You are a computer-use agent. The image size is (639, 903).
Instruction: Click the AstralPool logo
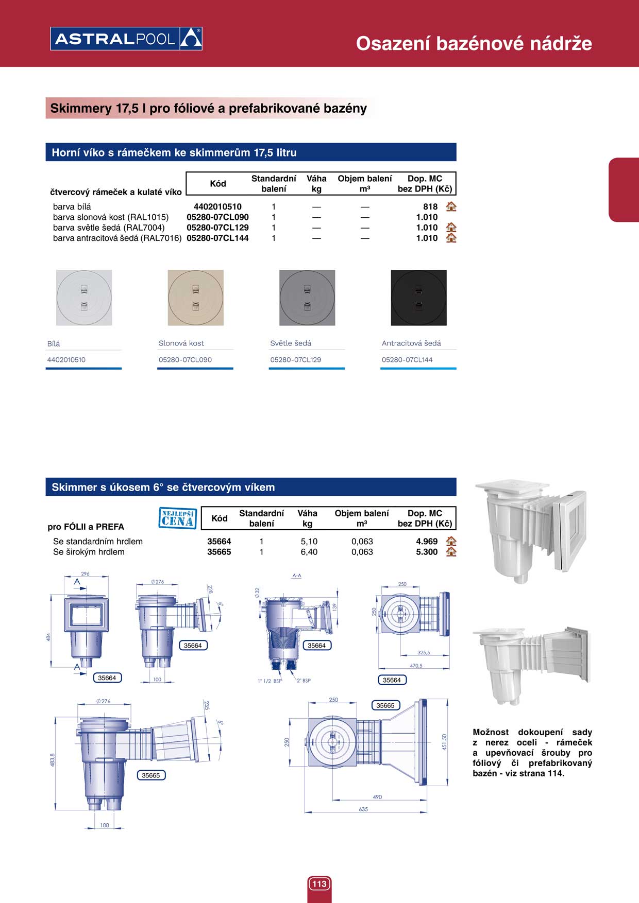[126, 39]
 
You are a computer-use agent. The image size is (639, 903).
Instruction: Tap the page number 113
[320, 884]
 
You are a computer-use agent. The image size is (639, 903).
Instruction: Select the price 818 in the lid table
[430, 207]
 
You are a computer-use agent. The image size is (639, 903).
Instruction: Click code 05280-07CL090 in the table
[217, 217]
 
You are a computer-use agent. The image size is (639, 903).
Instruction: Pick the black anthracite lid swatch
[418, 298]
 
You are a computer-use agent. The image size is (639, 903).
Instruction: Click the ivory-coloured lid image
[196, 298]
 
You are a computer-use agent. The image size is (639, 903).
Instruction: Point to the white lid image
[84, 298]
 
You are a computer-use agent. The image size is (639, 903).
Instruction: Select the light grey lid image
[307, 298]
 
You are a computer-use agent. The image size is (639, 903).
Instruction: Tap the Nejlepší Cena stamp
[178, 518]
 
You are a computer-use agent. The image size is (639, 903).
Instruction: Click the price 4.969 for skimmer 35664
[427, 542]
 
